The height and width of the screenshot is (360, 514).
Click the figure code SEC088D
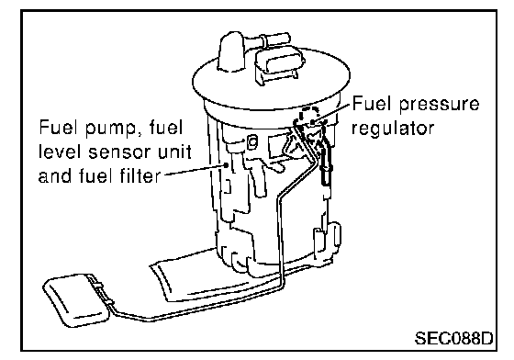click(453, 338)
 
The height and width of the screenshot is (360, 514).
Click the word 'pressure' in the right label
click(440, 105)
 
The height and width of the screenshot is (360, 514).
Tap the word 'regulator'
click(393, 129)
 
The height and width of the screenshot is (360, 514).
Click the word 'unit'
click(174, 152)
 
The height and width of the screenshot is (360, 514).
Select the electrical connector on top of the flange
click(279, 65)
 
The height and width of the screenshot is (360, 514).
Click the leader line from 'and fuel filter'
click(195, 170)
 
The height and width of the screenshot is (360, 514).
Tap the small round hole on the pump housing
click(252, 142)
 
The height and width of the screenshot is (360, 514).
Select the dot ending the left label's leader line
click(226, 164)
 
